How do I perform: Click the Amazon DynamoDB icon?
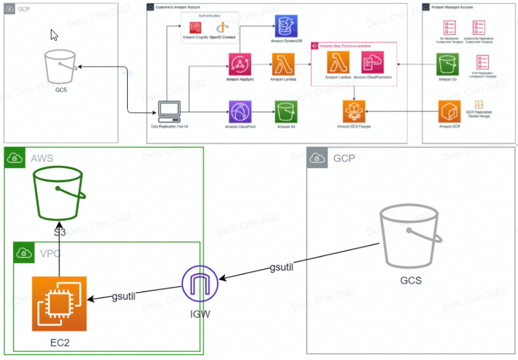click(x=286, y=27)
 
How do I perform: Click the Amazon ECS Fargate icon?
click(x=353, y=112)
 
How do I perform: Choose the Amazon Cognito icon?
click(x=196, y=27)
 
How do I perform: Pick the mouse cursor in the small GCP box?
click(x=55, y=35)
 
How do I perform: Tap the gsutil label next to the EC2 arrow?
click(x=124, y=296)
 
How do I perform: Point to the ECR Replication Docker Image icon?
click(x=478, y=106)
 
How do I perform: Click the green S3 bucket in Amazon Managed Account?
click(x=447, y=64)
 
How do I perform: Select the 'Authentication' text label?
click(x=208, y=14)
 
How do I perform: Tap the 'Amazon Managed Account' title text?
click(x=453, y=7)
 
